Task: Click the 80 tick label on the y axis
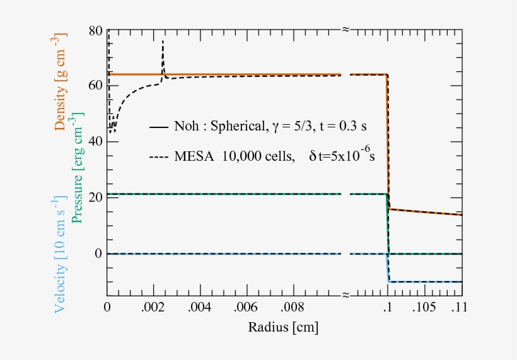pos(95,30)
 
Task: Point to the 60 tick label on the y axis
pos(95,86)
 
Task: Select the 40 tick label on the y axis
pos(95,142)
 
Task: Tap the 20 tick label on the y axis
pos(95,198)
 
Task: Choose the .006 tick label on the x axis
pos(247,308)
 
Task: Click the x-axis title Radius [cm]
pos(283,328)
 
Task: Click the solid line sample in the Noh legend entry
pos(159,127)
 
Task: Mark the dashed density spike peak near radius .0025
pos(163,42)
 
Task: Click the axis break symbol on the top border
pos(346,29)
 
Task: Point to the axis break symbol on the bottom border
pos(346,295)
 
